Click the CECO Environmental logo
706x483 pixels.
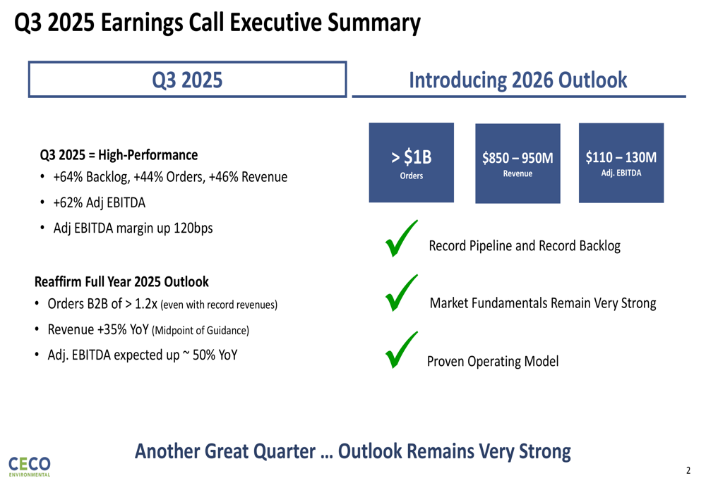click(29, 466)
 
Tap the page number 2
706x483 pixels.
click(688, 470)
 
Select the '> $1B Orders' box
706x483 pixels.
click(411, 162)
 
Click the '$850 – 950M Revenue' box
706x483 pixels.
click(517, 164)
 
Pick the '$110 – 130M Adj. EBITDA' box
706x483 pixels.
click(621, 163)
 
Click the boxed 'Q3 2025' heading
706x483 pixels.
click(187, 80)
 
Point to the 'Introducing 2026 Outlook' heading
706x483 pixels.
click(517, 80)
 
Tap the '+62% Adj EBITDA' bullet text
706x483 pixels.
click(100, 203)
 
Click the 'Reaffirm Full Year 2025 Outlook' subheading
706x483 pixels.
click(121, 282)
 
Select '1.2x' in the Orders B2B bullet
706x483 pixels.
click(146, 304)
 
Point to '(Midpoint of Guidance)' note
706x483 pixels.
click(201, 331)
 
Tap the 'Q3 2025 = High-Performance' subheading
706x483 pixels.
click(119, 155)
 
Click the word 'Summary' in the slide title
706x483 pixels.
click(373, 23)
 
